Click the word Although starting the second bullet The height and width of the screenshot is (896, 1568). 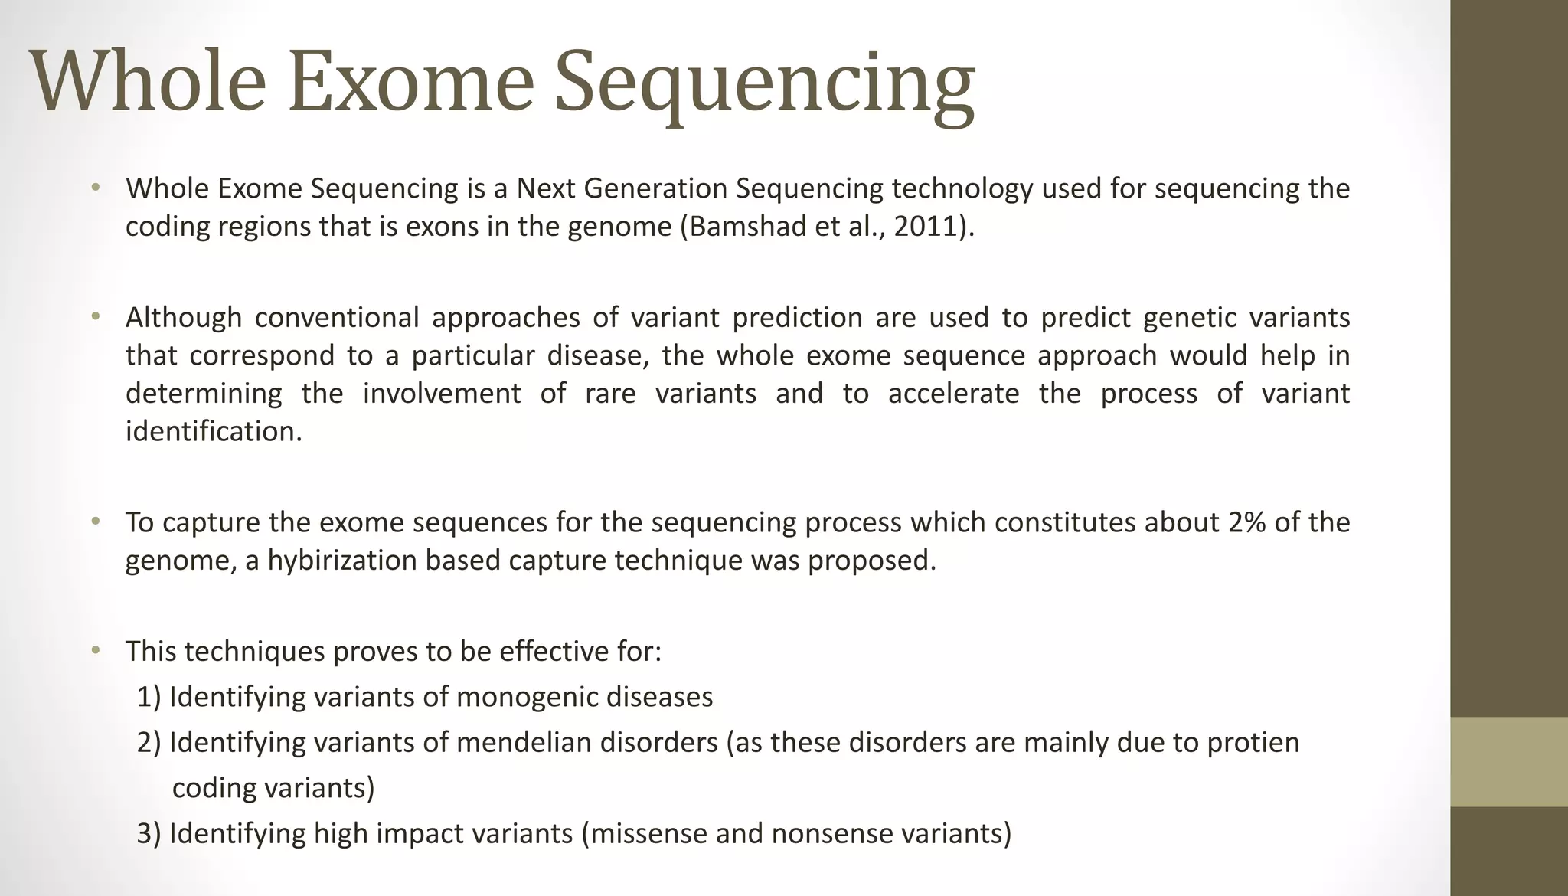tap(184, 318)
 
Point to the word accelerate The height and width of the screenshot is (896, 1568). tap(953, 394)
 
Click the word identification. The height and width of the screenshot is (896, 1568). tap(214, 432)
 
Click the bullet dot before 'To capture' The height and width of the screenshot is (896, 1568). tap(95, 522)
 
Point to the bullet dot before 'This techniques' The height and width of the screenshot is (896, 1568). tap(95, 652)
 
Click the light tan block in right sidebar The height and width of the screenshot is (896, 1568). tap(1508, 761)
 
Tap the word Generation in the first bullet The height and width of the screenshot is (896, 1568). tap(655, 189)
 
